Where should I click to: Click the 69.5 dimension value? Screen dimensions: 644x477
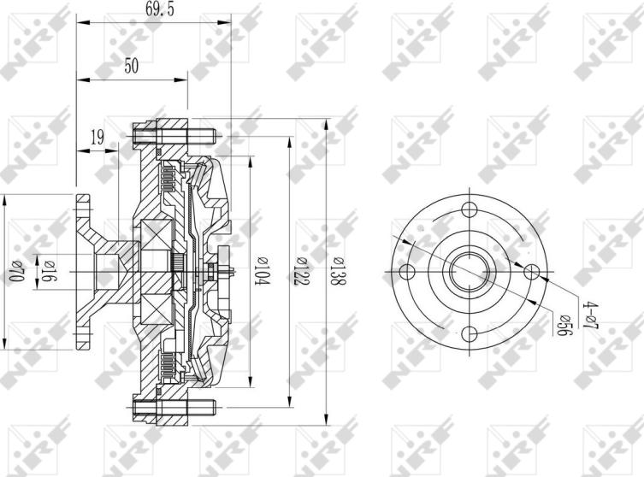point(160,9)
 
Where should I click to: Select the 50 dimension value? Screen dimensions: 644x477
point(132,66)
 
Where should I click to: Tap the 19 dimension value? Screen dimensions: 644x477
point(97,138)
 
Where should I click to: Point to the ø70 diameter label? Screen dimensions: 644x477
point(15,271)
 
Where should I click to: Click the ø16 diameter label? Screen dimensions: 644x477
point(50,271)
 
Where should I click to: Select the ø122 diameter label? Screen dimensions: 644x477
point(302,272)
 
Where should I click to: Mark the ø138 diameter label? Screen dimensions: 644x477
point(338,272)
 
